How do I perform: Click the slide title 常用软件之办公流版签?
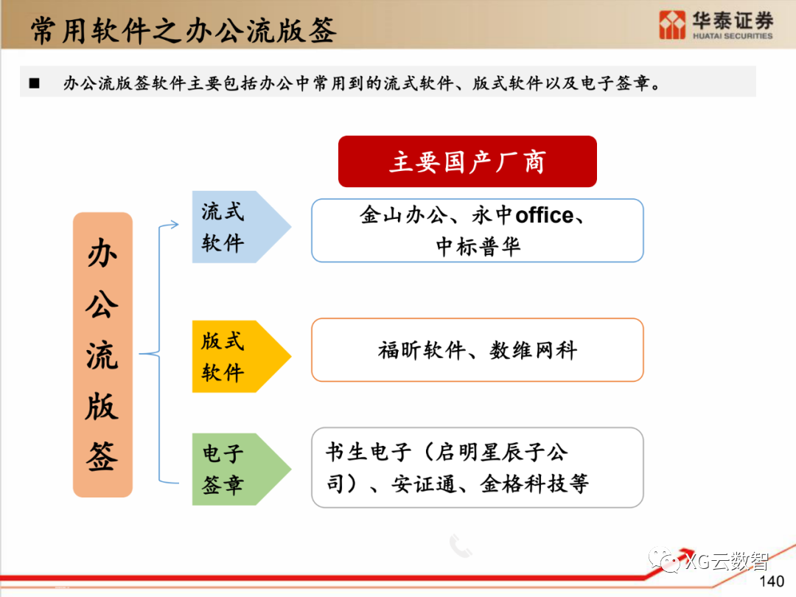tap(184, 30)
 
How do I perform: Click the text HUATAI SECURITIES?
tap(733, 35)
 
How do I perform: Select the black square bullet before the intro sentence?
tap(34, 83)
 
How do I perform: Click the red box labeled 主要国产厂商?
tap(467, 161)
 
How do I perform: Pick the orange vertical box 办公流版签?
tap(102, 355)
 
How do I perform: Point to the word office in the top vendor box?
tap(544, 215)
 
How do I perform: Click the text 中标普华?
tap(478, 246)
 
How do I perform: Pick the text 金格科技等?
tap(534, 483)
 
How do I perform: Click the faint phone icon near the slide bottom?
tap(461, 545)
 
